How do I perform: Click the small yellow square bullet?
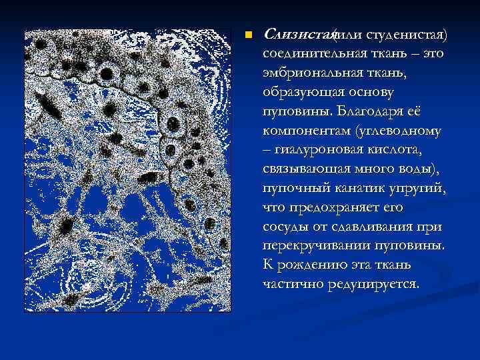pyautogui.click(x=248, y=35)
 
